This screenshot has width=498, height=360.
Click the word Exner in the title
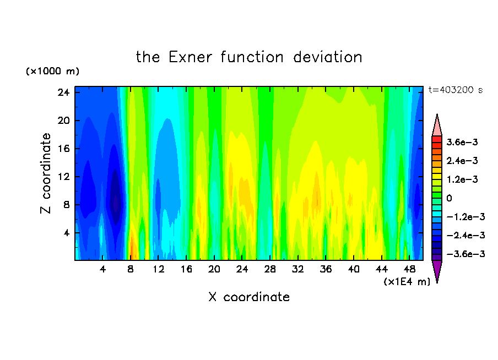coord(190,57)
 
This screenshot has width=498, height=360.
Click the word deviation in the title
coord(327,57)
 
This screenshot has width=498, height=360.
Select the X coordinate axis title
coord(249,297)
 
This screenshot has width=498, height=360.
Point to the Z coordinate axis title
coord(45,173)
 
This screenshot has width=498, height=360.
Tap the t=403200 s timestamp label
coord(456,90)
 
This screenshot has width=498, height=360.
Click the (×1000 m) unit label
coord(52,71)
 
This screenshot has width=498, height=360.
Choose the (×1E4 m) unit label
coord(407,282)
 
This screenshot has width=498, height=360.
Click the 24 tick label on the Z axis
coord(63,92)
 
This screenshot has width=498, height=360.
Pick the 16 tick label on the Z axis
coord(63,149)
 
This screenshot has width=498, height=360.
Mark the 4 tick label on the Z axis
coord(66,233)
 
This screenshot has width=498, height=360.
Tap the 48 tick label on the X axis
coord(409,269)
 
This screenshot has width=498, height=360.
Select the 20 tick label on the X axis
coord(214,269)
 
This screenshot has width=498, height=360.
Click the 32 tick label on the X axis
coord(298,269)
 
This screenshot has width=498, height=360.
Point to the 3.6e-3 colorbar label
coord(462,142)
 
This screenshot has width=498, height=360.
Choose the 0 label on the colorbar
coord(449,198)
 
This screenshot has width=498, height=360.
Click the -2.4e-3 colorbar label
coord(466,236)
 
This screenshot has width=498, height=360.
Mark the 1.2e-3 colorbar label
coord(462,179)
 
